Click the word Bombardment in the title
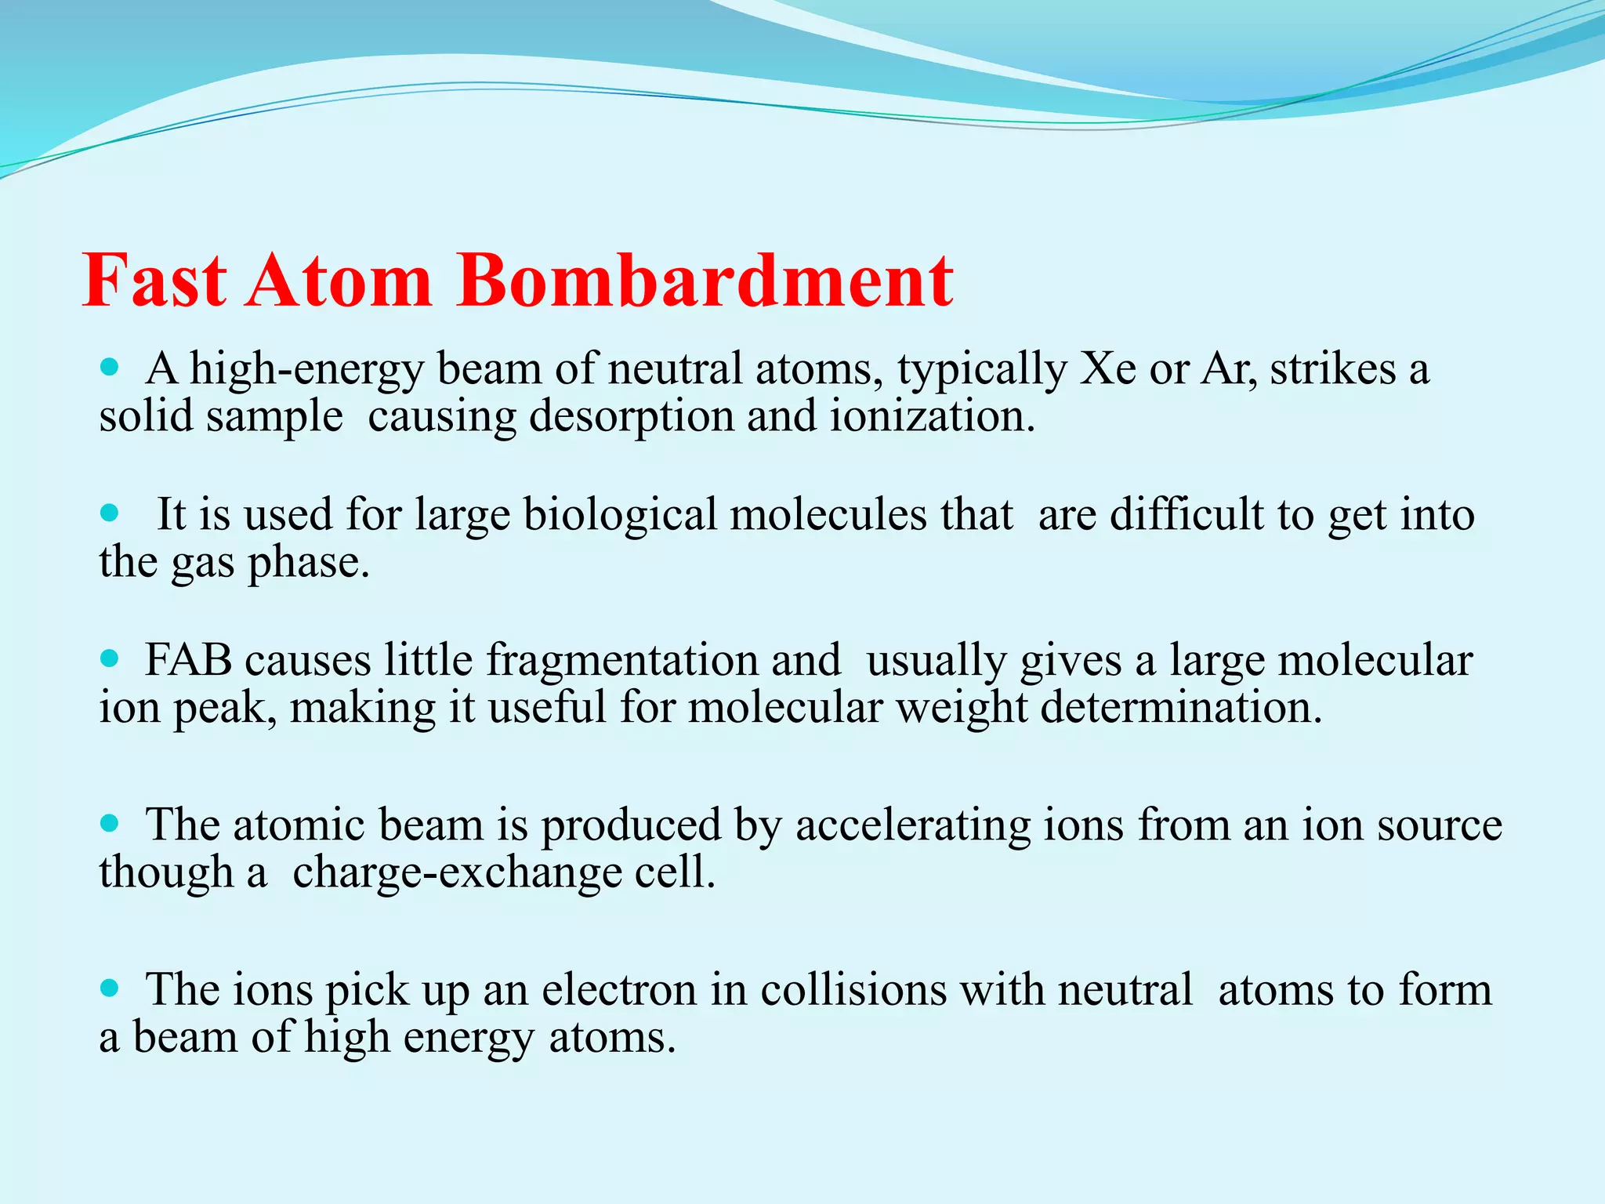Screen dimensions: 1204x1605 point(705,281)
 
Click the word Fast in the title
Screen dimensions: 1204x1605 point(154,281)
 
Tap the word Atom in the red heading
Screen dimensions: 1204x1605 point(339,281)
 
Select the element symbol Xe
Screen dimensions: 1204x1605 point(1107,368)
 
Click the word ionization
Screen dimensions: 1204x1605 point(932,416)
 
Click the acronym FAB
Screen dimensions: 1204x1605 point(188,660)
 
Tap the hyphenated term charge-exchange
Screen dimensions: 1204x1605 point(457,873)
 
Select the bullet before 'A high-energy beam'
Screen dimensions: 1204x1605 point(110,367)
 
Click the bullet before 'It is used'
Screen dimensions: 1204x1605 point(110,513)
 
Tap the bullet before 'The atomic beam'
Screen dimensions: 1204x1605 point(110,823)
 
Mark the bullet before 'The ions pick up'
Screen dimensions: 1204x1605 point(110,988)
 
